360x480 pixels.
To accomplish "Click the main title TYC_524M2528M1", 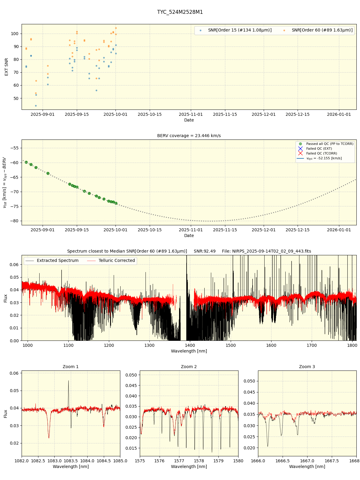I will [x=180, y=12].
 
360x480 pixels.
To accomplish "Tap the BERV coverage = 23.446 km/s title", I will [x=189, y=136].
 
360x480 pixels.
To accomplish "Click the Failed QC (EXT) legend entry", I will [x=319, y=149].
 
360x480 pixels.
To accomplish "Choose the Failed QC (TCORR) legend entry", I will [x=321, y=154].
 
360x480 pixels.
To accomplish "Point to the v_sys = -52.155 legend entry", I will [x=324, y=158].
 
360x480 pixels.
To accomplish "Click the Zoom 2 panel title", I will [x=189, y=367].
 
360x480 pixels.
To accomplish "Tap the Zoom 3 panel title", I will [x=307, y=367].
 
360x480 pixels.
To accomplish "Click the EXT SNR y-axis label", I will [x=7, y=67].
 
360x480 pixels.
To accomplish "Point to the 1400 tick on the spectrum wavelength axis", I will [x=190, y=345].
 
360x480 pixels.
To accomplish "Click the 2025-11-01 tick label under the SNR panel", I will [x=191, y=114].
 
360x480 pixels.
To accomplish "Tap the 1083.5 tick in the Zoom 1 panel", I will [x=71, y=461].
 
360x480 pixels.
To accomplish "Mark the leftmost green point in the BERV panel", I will [x=26, y=162].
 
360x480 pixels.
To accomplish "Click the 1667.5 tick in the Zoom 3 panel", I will [x=332, y=461].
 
